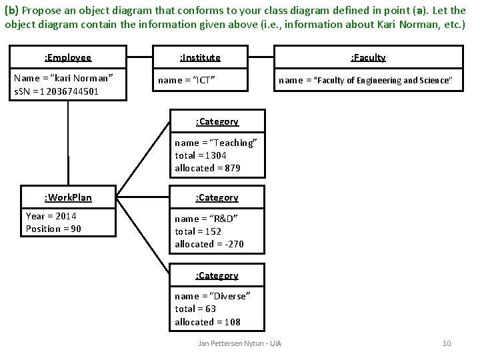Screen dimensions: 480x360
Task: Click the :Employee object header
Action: [x=67, y=57]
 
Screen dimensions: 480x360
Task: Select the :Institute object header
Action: [x=200, y=57]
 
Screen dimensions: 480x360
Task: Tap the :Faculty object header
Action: [x=369, y=57]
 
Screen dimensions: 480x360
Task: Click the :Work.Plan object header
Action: [x=67, y=197]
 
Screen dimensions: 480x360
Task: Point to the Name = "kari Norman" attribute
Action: [x=63, y=78]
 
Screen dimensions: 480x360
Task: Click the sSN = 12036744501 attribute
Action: [x=57, y=91]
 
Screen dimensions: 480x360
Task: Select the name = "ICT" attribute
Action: [x=186, y=81]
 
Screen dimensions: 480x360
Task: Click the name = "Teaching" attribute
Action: [x=215, y=143]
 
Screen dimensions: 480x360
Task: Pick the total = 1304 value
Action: [x=201, y=155]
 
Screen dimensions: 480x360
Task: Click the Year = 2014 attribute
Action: [x=51, y=216]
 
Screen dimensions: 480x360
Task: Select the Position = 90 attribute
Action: [x=53, y=229]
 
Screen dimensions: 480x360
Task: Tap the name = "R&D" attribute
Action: [x=206, y=219]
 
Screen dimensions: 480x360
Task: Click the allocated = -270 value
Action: [x=209, y=244]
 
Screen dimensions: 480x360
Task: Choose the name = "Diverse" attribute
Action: [x=212, y=296]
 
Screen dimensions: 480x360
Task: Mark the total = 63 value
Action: [x=196, y=309]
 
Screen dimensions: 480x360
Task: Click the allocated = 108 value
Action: [x=207, y=322]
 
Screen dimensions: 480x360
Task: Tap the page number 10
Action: [x=447, y=343]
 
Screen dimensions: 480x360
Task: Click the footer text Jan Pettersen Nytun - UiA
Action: [x=241, y=343]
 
